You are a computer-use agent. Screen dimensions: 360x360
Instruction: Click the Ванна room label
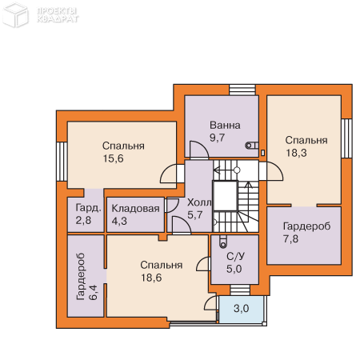(x=225, y=125)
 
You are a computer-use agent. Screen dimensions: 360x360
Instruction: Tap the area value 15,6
(x=113, y=158)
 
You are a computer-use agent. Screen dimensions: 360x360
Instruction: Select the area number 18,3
(x=296, y=153)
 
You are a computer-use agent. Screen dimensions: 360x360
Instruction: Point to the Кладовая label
(x=135, y=209)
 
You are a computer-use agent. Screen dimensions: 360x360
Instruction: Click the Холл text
(x=199, y=202)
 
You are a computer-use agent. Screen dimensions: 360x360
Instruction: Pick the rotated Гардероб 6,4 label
(x=86, y=277)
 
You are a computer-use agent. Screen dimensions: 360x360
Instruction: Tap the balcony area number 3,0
(x=242, y=309)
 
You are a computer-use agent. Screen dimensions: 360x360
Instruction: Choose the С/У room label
(x=235, y=256)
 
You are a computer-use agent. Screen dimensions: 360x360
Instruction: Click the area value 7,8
(x=290, y=238)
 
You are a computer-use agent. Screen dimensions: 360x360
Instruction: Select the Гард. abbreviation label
(x=88, y=207)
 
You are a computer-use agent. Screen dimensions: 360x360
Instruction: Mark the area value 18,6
(x=151, y=278)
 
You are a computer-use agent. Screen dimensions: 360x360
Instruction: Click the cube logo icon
(x=15, y=14)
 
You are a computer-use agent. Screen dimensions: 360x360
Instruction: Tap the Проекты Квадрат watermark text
(x=58, y=15)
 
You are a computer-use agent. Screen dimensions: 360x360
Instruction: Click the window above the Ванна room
(x=242, y=90)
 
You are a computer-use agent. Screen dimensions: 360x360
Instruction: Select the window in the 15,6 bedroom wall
(x=62, y=162)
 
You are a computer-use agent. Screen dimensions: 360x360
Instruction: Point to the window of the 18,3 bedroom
(x=347, y=138)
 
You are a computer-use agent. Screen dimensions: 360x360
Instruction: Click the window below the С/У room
(x=240, y=290)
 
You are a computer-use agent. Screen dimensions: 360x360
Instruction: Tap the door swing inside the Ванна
(x=199, y=150)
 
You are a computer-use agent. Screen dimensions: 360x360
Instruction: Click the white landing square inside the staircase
(x=226, y=196)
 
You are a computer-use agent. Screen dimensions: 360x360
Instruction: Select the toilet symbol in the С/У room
(x=223, y=242)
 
